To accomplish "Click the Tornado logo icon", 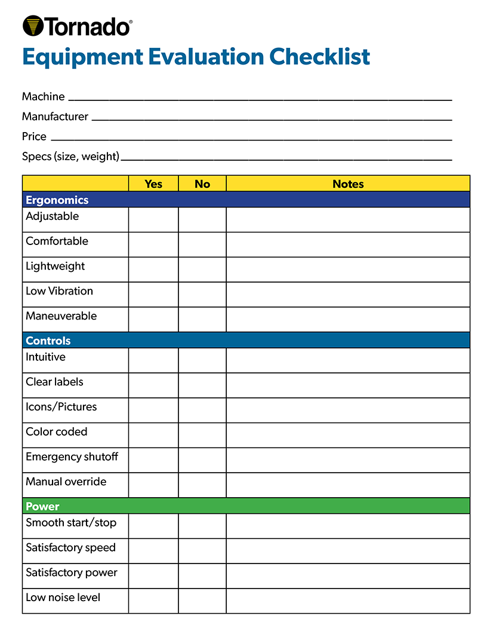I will coord(33,26).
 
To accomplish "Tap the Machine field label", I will coord(43,96).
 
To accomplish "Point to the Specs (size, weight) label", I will coord(70,157).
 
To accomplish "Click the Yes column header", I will coord(153,183).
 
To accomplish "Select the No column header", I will coord(202,183).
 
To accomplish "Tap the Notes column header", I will coord(348,183).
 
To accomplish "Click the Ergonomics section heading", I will coord(57,200).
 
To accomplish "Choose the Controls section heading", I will coord(48,341).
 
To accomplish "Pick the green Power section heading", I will coord(42,506).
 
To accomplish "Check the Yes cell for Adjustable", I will coord(153,219).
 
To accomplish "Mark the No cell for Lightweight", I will coord(202,269).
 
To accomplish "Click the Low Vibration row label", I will coord(59,291).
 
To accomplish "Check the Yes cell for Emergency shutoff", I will coord(153,460).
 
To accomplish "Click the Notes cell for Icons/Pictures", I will coord(348,410).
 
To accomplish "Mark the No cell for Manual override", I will coord(202,485).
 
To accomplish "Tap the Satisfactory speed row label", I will coord(70,547).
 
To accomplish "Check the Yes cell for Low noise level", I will coord(153,601).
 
